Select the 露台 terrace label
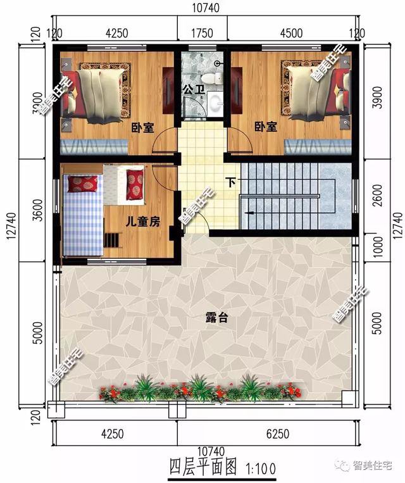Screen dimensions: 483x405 click(217, 318)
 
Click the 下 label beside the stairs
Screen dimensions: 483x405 click(231, 183)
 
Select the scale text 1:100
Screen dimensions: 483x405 click(259, 468)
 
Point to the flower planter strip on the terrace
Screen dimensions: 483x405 click(199, 389)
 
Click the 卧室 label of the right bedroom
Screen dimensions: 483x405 click(266, 127)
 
